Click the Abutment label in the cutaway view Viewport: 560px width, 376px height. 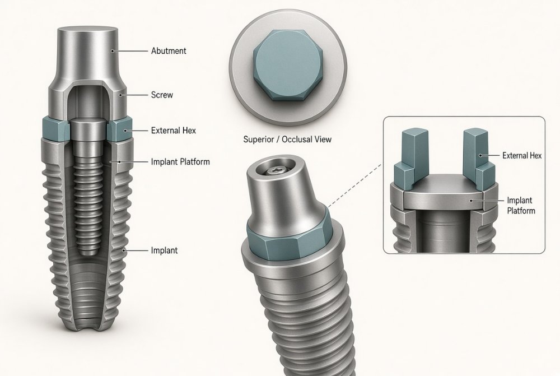click(169, 51)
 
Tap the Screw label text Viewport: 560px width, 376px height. click(162, 95)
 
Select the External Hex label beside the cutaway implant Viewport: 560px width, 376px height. click(174, 131)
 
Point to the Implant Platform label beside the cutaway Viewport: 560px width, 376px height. click(180, 162)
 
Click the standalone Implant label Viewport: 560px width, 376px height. click(164, 250)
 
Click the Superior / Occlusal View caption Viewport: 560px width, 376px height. click(287, 139)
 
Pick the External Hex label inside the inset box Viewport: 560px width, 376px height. click(522, 155)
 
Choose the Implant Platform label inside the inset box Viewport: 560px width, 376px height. click(521, 206)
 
